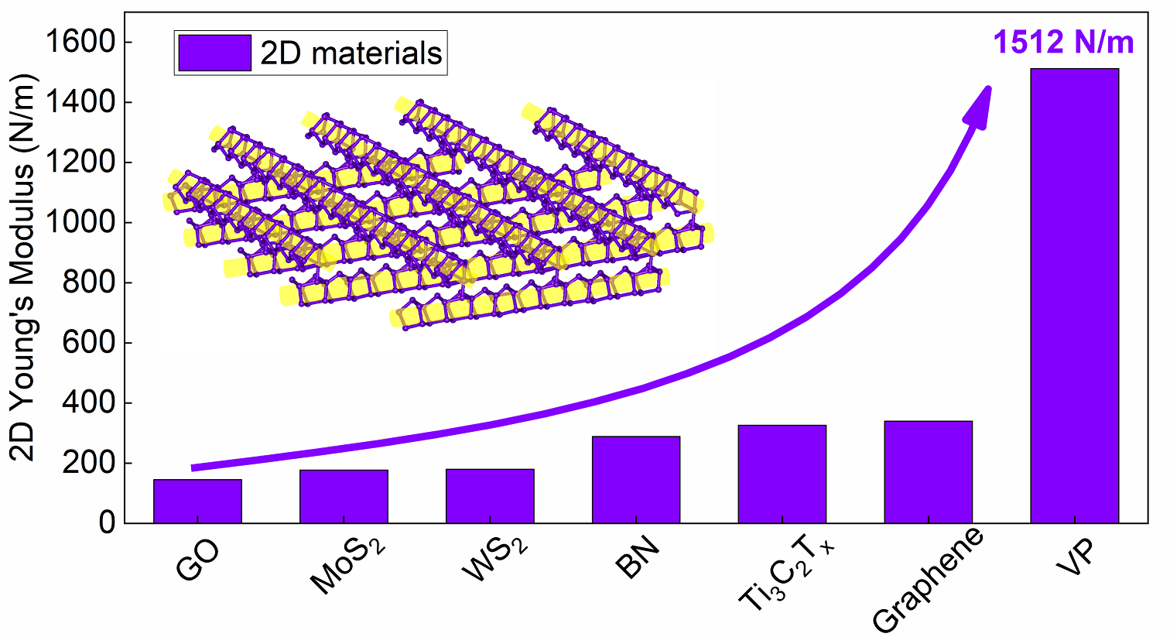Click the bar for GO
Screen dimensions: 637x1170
click(x=197, y=502)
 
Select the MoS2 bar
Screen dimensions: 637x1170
click(x=344, y=496)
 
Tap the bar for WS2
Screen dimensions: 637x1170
click(x=490, y=496)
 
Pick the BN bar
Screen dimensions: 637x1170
click(x=636, y=480)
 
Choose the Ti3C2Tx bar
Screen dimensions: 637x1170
click(x=782, y=474)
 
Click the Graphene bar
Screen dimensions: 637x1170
click(x=929, y=472)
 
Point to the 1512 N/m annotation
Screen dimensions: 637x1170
click(x=1063, y=42)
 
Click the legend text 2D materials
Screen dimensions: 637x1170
click(x=351, y=53)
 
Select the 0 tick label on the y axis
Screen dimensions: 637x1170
click(x=107, y=523)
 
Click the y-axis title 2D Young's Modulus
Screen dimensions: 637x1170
click(x=24, y=267)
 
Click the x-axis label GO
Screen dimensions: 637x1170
click(x=198, y=559)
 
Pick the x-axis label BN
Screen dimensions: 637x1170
click(x=638, y=557)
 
